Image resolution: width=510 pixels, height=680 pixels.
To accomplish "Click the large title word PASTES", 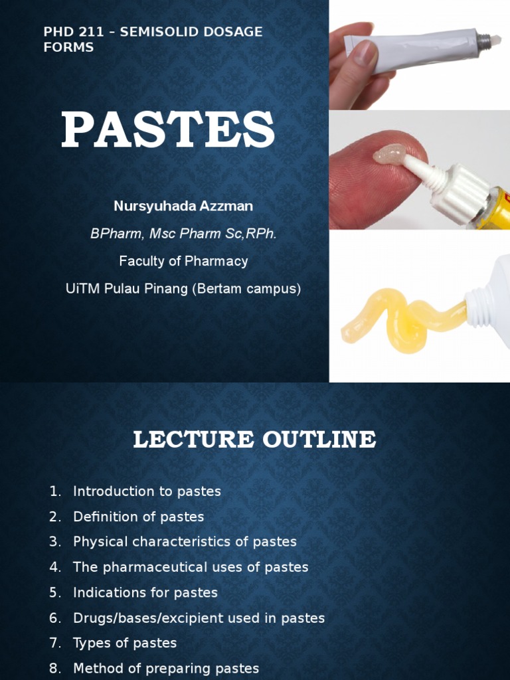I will [x=168, y=130].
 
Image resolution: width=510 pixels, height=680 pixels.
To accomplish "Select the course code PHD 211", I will [x=67, y=32].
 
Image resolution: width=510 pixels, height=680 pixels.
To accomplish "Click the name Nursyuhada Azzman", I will [x=183, y=206].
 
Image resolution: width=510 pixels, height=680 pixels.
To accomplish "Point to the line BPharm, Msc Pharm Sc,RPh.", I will [x=183, y=234].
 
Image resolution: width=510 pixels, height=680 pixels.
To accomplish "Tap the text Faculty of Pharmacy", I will [x=183, y=261].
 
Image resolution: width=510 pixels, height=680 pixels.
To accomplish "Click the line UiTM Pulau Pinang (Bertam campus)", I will [x=183, y=289].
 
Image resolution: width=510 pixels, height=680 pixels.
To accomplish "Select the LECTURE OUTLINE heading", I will [x=254, y=440].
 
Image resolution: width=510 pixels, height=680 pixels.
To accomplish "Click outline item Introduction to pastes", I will [x=147, y=491].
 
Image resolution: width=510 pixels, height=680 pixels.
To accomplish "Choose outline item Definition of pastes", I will [x=138, y=517].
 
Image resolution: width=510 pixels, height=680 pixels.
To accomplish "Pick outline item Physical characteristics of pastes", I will [x=185, y=542].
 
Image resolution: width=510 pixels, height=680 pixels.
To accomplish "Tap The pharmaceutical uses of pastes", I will [x=191, y=567].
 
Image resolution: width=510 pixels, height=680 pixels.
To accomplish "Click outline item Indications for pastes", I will [x=145, y=592].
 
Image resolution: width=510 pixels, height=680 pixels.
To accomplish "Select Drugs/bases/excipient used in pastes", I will [x=199, y=618].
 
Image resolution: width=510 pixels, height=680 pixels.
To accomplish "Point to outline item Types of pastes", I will [x=125, y=643].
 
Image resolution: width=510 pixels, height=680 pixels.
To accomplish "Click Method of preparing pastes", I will [x=165, y=668].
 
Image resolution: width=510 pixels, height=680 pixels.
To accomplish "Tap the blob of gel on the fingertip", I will [x=388, y=155].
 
